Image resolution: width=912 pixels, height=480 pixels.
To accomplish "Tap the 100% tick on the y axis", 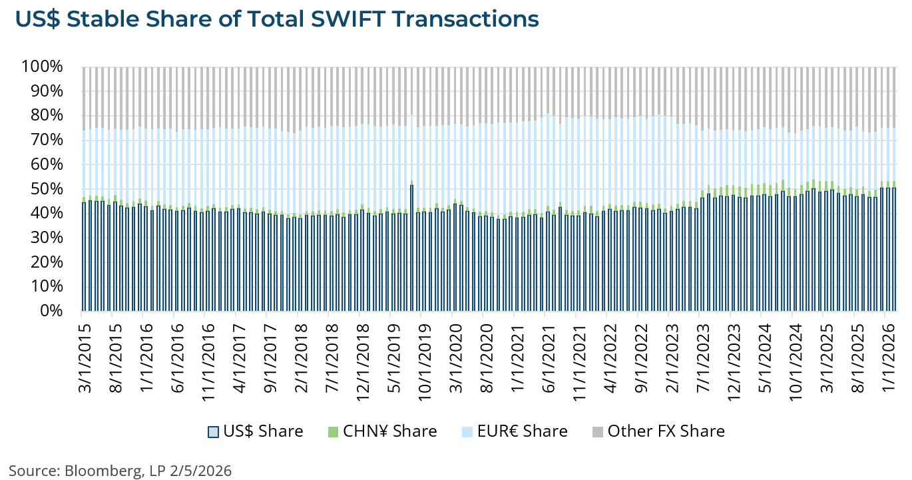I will click(42, 67).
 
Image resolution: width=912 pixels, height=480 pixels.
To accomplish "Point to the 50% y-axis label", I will click(46, 189).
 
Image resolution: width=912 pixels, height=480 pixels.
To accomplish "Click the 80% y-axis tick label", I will click(46, 116).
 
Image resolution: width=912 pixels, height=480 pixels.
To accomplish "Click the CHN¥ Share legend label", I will click(389, 431).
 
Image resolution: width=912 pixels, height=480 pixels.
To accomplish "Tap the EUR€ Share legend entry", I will click(521, 431).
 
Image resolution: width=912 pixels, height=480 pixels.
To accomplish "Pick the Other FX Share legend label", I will click(666, 431).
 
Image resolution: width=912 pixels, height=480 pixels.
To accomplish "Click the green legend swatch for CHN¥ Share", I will click(333, 431).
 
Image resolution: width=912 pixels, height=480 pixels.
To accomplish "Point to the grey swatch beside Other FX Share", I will click(597, 431).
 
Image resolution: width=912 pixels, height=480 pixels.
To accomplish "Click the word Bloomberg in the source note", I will click(103, 471).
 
